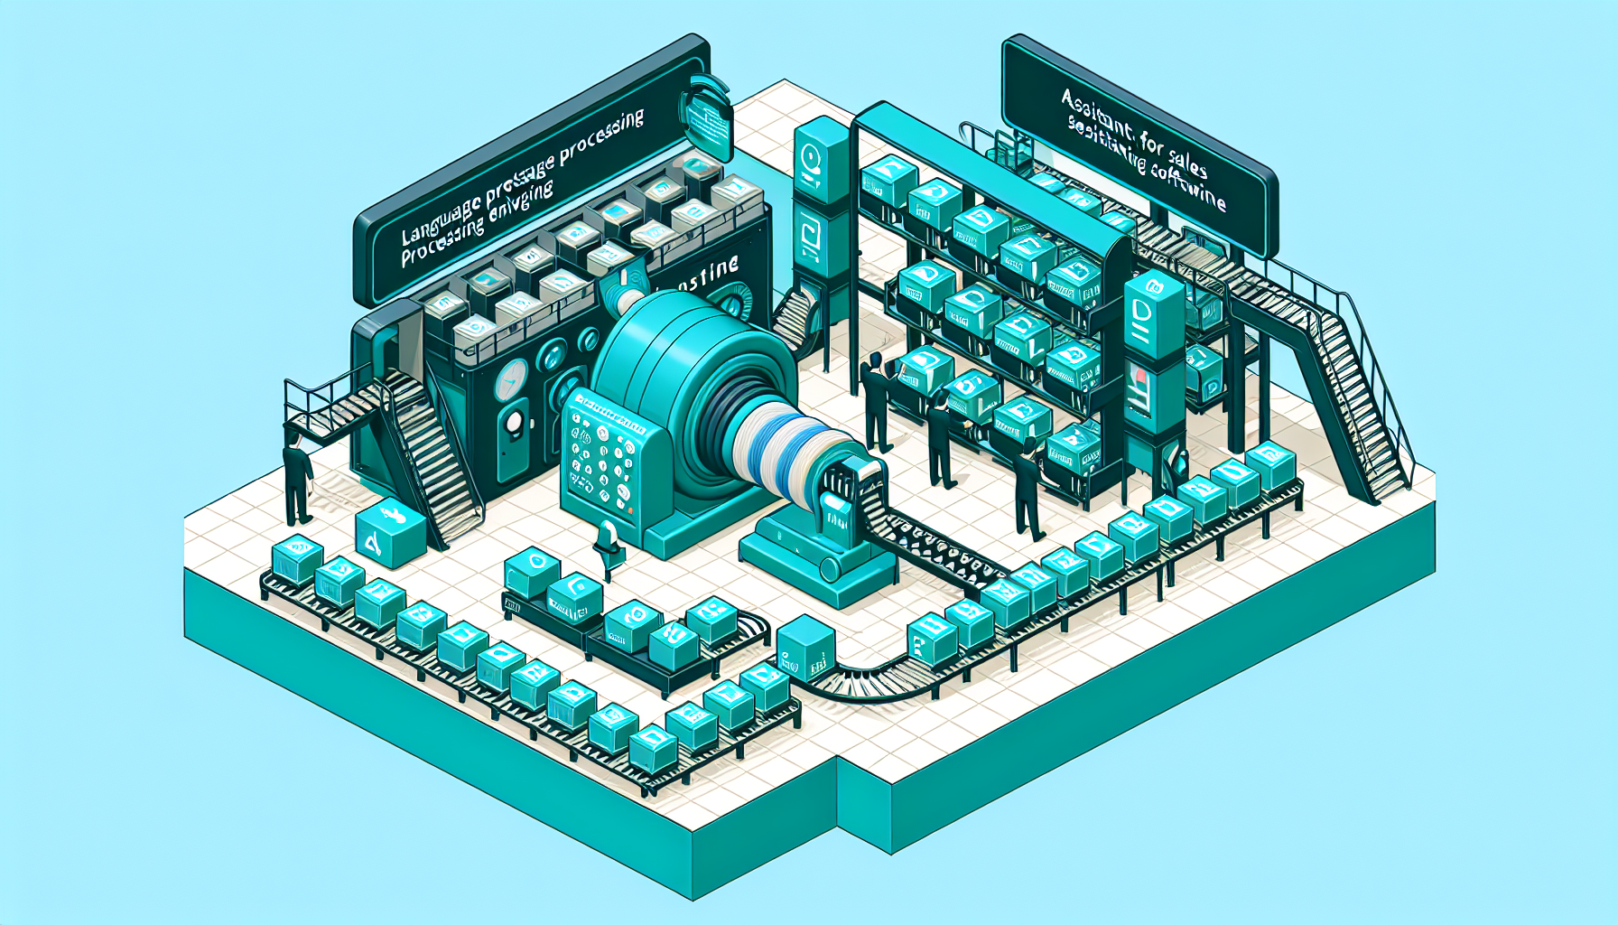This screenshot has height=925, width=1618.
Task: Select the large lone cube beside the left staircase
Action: [x=390, y=533]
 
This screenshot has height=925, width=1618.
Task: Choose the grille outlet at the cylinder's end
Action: [x=841, y=488]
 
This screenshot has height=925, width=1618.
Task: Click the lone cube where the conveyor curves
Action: [x=805, y=646]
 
